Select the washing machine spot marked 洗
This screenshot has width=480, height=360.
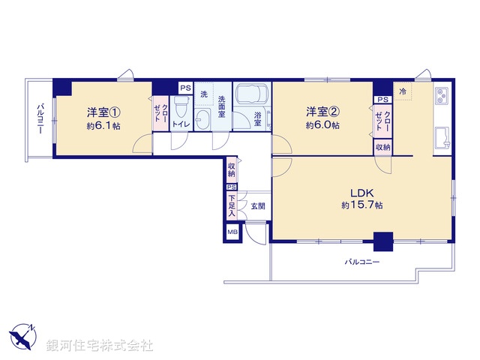click(x=203, y=94)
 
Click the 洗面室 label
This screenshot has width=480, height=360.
click(x=223, y=103)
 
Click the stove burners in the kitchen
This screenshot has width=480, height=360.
click(x=441, y=97)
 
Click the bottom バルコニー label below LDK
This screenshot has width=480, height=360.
click(x=362, y=262)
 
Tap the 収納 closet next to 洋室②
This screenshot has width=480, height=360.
click(x=382, y=148)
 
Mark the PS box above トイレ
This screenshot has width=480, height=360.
click(x=184, y=88)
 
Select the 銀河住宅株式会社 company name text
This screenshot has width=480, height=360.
click(x=100, y=345)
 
